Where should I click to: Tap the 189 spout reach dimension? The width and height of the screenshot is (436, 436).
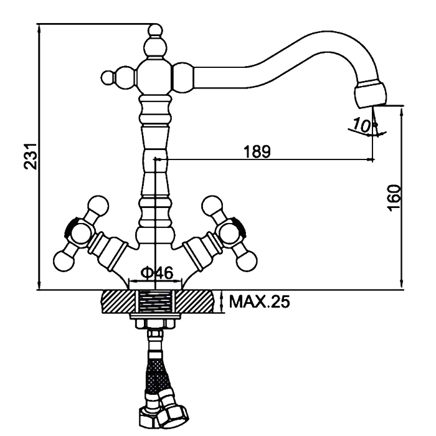point(257,151)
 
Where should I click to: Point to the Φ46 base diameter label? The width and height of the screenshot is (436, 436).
point(156,273)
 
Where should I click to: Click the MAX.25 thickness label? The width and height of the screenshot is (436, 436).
point(259,303)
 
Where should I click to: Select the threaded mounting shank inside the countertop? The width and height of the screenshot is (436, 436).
point(155,302)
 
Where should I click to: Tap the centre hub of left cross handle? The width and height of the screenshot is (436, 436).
point(79,232)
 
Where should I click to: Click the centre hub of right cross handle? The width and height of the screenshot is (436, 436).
point(229,231)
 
